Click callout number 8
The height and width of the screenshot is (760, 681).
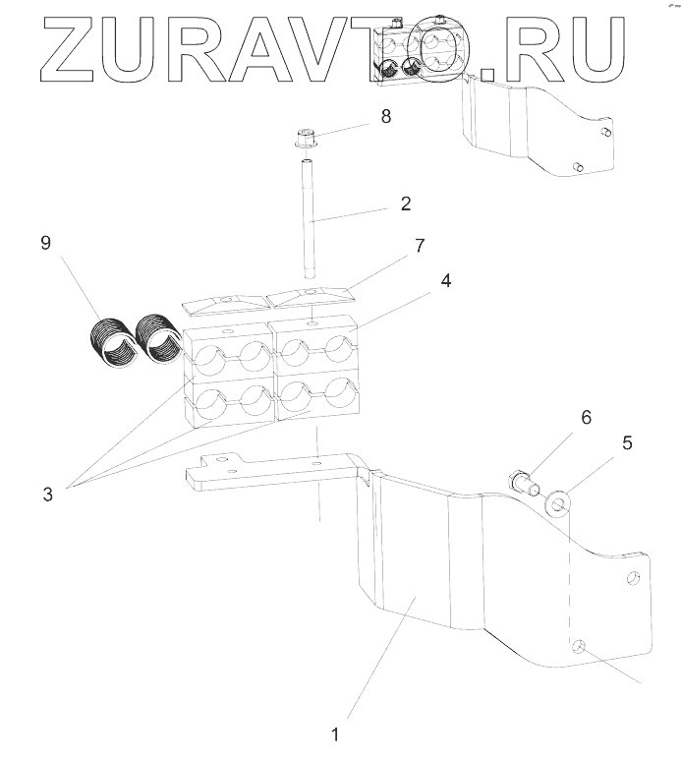click(x=385, y=117)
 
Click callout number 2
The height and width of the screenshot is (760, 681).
click(x=404, y=205)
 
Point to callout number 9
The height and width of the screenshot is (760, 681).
click(x=45, y=243)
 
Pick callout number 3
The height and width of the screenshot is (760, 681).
click(x=46, y=494)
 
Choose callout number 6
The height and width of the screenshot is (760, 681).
click(x=586, y=417)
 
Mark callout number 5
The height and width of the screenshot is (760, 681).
click(x=628, y=442)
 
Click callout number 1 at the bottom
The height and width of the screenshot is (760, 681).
click(x=335, y=733)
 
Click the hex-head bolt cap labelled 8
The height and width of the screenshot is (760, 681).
click(x=305, y=138)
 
